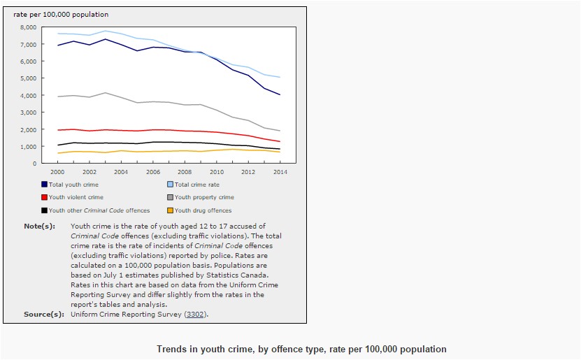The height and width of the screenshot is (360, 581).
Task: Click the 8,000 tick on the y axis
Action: tap(28, 27)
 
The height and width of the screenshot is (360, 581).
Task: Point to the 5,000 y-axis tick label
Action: tap(28, 78)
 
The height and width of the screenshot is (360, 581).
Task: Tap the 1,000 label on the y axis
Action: tap(28, 147)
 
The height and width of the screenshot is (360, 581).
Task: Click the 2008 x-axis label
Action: tap(185, 171)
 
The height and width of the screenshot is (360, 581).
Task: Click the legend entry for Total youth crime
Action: tap(73, 185)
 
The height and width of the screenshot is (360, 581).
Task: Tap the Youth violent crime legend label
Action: tap(76, 197)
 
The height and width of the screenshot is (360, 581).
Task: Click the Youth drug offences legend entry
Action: tap(203, 210)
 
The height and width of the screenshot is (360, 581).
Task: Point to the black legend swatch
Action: tap(44, 210)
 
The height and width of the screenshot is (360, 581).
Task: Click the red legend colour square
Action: tap(44, 197)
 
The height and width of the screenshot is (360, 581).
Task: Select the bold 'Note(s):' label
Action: tap(39, 226)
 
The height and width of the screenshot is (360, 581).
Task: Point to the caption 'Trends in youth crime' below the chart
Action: tap(301, 349)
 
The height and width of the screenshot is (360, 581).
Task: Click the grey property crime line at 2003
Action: tap(105, 93)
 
